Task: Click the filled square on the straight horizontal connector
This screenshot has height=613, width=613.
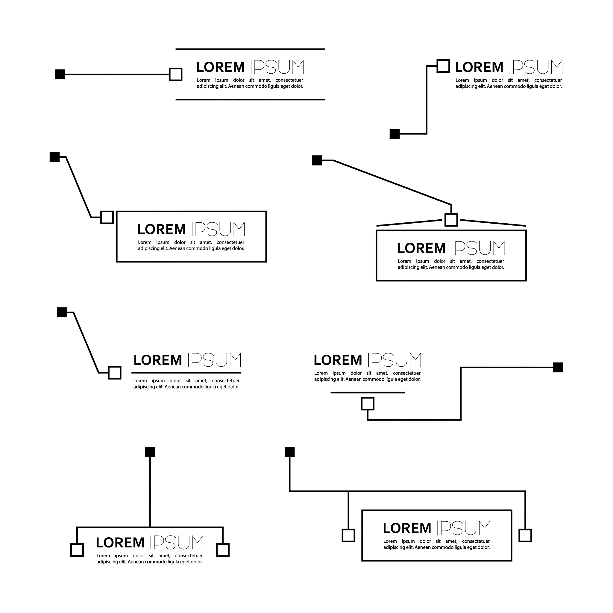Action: pyautogui.click(x=60, y=75)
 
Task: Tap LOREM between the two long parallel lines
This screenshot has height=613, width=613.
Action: pyautogui.click(x=221, y=67)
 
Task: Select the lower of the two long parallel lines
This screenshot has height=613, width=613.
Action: pyautogui.click(x=250, y=100)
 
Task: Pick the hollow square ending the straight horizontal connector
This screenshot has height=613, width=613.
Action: pyautogui.click(x=175, y=75)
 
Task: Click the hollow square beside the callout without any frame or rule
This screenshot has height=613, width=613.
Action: pyautogui.click(x=443, y=66)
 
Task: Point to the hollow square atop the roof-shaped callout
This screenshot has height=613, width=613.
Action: pyautogui.click(x=451, y=220)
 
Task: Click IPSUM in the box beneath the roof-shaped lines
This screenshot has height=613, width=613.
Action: pyautogui.click(x=478, y=248)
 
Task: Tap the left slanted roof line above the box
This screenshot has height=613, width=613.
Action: pyautogui.click(x=409, y=223)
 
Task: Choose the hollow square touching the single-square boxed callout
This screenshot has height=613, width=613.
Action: pyautogui.click(x=107, y=218)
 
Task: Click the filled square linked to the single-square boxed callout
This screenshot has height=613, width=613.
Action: pyautogui.click(x=54, y=157)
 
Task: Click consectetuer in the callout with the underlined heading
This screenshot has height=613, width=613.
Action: pyautogui.click(x=226, y=381)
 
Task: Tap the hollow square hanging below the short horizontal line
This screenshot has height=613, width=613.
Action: pyautogui.click(x=368, y=404)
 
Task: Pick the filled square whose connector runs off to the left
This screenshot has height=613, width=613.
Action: pyautogui.click(x=558, y=368)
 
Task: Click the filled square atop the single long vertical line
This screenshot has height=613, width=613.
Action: pyautogui.click(x=150, y=452)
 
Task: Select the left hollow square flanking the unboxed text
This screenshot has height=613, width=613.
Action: pyautogui.click(x=77, y=550)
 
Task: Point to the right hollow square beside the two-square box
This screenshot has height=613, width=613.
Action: pyautogui.click(x=525, y=535)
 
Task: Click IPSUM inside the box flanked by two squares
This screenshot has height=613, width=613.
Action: pyautogui.click(x=464, y=528)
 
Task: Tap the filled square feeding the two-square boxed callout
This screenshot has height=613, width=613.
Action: pyautogui.click(x=290, y=452)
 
